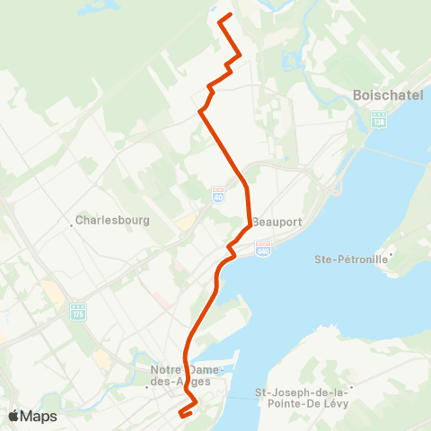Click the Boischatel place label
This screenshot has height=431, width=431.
pyautogui.click(x=382, y=95)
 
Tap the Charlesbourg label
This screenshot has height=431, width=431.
pyautogui.click(x=112, y=219)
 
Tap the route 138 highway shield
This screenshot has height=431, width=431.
pyautogui.click(x=379, y=118)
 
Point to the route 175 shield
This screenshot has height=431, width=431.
pyautogui.click(x=79, y=311)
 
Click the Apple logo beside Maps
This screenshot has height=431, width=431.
pyautogui.click(x=14, y=416)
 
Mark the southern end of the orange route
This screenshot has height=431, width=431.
pyautogui.click(x=180, y=415)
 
